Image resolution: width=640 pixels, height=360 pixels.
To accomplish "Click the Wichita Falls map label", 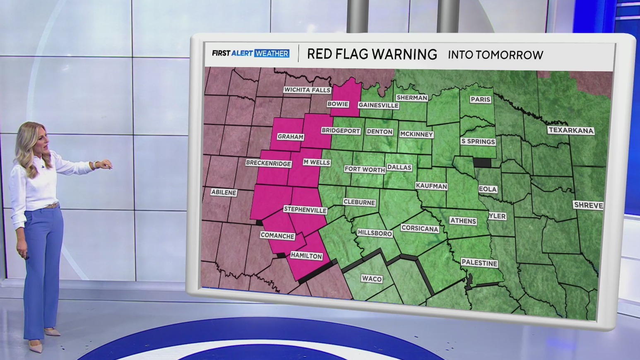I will click(307, 90).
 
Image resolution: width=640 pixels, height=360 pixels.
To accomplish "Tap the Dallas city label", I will click(399, 167).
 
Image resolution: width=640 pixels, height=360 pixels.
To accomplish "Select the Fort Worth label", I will click(365, 169).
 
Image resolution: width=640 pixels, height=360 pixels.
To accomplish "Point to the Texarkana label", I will click(571, 130).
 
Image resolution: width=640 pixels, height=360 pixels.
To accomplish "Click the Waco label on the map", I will click(371, 279).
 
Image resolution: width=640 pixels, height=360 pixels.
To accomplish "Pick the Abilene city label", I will click(224, 192).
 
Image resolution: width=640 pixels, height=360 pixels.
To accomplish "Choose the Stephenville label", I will click(305, 210).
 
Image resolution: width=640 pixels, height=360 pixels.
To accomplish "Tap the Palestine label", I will click(479, 263).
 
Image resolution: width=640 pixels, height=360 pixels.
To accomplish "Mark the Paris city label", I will click(480, 99).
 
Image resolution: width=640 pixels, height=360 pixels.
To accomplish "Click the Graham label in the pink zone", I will click(290, 137).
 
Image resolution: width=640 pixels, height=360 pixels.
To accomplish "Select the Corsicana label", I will click(419, 228).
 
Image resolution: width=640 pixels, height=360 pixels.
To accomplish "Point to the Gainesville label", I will click(378, 105).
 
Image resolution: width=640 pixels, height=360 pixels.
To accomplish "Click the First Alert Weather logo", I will click(250, 53).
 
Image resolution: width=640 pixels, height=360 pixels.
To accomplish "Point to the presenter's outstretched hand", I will click(106, 164).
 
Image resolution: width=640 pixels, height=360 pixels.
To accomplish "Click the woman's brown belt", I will click(51, 206).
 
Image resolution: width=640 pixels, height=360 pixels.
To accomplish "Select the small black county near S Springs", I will click(481, 162).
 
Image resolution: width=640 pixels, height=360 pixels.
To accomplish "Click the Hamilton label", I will click(306, 256).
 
